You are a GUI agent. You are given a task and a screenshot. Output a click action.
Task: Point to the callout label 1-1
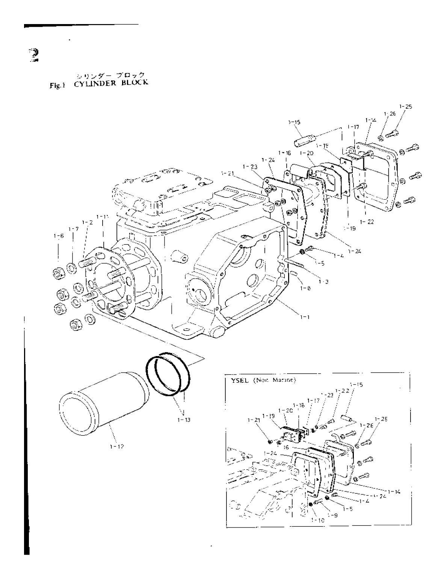coord(305,317)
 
